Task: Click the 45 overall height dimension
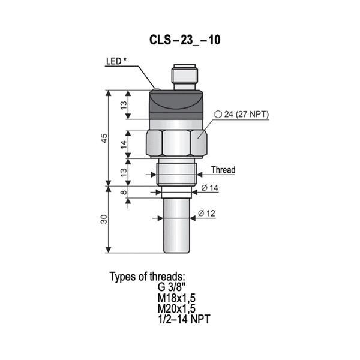click(x=104, y=139)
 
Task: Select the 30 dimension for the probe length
click(x=104, y=220)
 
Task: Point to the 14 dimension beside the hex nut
click(x=123, y=144)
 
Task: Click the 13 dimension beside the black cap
click(x=123, y=105)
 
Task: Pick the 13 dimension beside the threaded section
click(x=123, y=173)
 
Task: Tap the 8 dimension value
click(x=123, y=193)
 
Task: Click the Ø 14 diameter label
click(x=209, y=188)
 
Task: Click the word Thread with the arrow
click(x=223, y=170)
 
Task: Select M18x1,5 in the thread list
click(x=177, y=297)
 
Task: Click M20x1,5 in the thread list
click(x=177, y=307)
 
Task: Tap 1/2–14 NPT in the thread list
click(x=184, y=317)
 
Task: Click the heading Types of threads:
click(x=148, y=277)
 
